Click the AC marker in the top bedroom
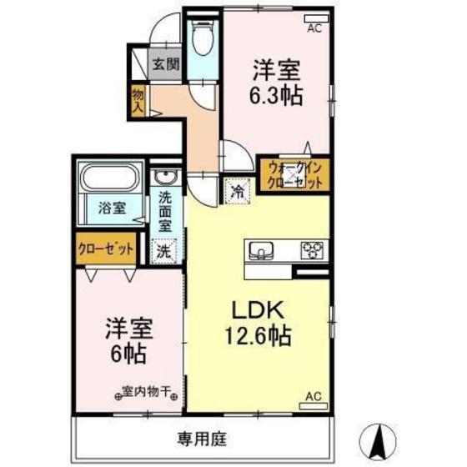pyautogui.click(x=314, y=28)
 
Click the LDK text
pyautogui.click(x=258, y=311)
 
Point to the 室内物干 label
pyautogui.click(x=143, y=389)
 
